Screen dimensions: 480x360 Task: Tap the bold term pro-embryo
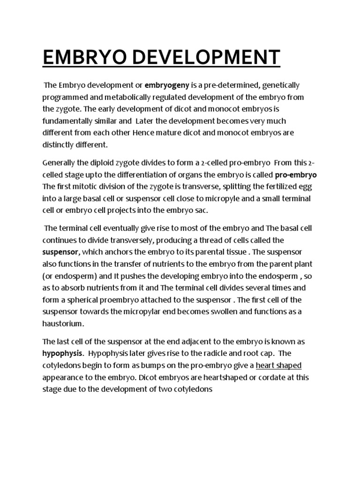(296, 175)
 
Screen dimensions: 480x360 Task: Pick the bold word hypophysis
(63, 353)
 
